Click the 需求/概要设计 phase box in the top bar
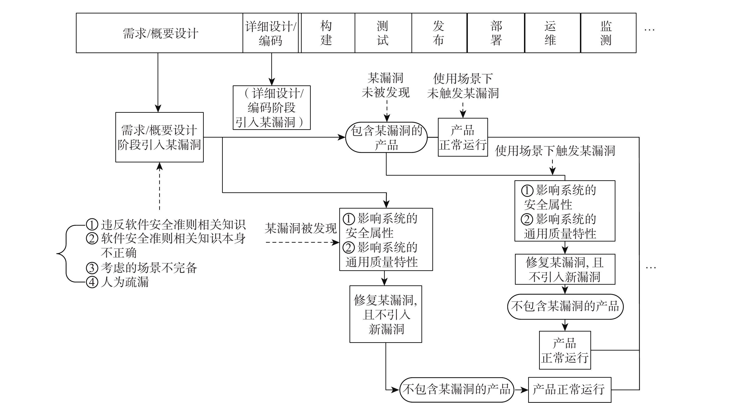[x=159, y=33]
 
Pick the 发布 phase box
[x=439, y=33]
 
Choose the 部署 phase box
[x=496, y=33]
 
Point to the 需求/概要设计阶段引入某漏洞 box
[x=159, y=137]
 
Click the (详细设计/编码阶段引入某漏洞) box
[x=272, y=108]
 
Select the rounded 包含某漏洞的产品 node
[x=386, y=138]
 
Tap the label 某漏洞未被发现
[x=386, y=85]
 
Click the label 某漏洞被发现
[x=301, y=228]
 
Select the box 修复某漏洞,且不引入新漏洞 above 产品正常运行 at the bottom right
[x=565, y=269]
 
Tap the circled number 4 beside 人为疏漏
[x=92, y=282]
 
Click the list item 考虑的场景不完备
[x=149, y=268]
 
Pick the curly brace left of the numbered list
[x=65, y=253]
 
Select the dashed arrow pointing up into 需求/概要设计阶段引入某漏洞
[x=159, y=187]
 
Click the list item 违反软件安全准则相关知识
[x=173, y=225]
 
